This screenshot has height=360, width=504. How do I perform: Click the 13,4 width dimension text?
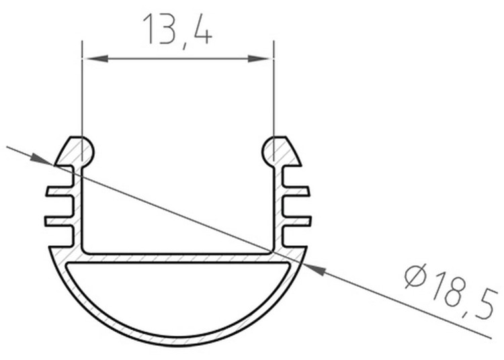[177, 30]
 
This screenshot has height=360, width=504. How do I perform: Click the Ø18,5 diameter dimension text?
[450, 292]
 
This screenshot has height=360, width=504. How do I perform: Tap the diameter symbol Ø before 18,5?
[415, 276]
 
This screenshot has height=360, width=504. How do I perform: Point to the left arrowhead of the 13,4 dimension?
[95, 58]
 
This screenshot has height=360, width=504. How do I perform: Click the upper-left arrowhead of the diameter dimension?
[42, 160]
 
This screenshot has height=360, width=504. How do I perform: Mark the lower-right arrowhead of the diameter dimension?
[314, 269]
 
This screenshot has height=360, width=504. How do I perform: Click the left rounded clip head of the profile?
[76, 152]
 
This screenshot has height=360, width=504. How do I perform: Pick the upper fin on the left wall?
[59, 191]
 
